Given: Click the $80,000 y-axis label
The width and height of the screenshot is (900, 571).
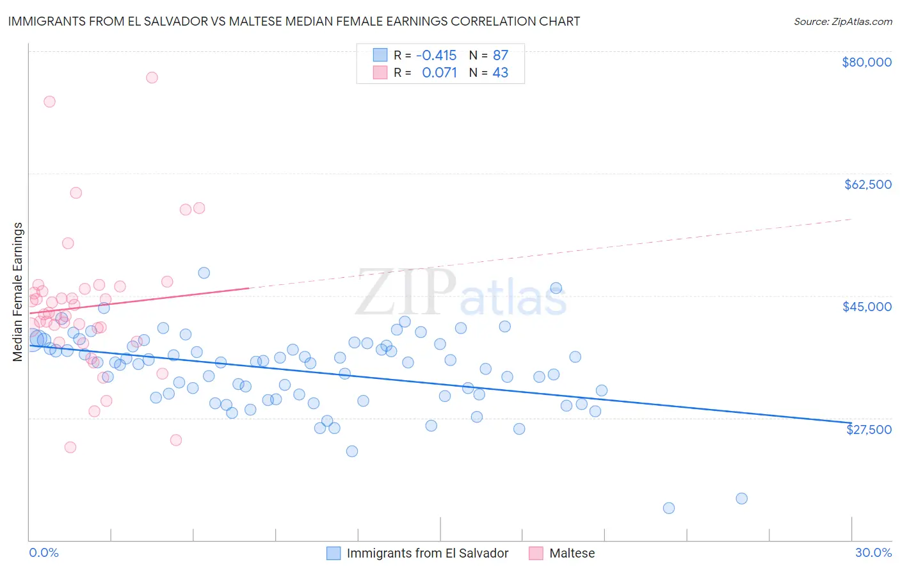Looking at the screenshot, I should (867, 62).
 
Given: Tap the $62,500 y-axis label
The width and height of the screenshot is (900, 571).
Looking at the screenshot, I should (867, 184).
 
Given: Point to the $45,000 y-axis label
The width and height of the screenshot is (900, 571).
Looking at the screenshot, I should (867, 307).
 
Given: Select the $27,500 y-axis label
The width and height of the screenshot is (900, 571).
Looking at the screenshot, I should (869, 430).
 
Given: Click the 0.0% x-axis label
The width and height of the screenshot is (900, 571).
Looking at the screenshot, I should (44, 552).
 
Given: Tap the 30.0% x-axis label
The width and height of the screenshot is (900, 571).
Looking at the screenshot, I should (873, 552).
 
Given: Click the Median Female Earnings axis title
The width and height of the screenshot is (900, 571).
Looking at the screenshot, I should (18, 292).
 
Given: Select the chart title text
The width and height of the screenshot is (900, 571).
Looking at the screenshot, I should (294, 21).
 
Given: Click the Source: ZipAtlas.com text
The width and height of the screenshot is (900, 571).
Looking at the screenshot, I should (842, 22).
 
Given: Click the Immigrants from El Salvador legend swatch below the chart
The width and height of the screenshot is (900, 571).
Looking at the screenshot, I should (333, 553).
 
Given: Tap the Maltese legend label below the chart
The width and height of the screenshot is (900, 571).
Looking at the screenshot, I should (572, 553).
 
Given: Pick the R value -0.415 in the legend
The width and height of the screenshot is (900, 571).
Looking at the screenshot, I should (436, 55).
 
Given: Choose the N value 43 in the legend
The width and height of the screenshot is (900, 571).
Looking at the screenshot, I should (500, 73).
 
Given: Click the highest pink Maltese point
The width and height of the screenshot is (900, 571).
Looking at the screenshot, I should (152, 77).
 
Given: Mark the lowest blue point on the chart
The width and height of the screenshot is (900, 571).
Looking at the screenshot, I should (669, 508).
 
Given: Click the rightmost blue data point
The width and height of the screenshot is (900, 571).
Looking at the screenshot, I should (741, 499).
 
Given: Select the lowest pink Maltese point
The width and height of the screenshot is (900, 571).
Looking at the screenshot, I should (70, 447).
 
